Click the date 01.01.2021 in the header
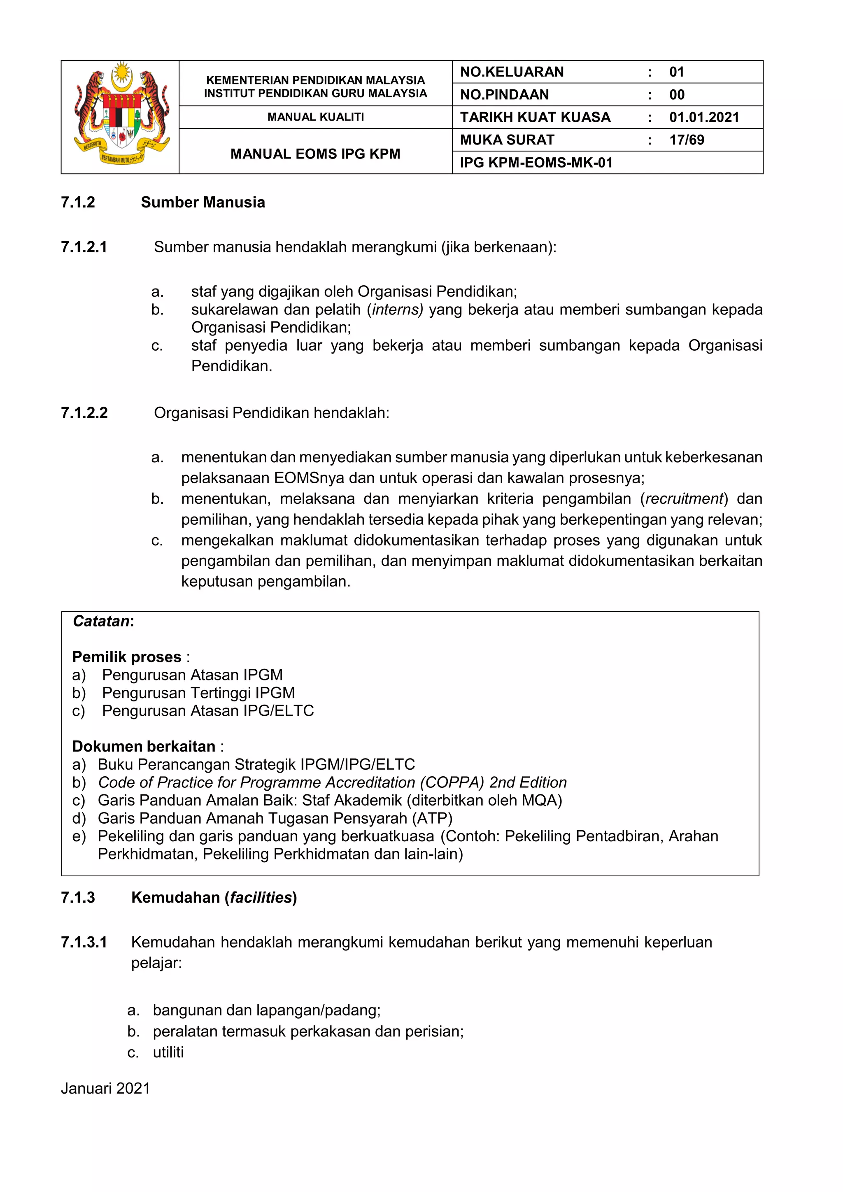tap(703, 117)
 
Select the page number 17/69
tap(686, 140)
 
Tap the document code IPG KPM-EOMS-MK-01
tap(536, 163)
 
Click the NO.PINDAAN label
tap(504, 95)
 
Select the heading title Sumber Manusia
tap(203, 203)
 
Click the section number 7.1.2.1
tap(84, 247)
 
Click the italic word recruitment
tap(684, 499)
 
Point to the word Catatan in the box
tap(101, 622)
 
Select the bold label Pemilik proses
tap(127, 657)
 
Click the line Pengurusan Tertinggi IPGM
tap(198, 693)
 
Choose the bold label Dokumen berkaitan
tap(143, 747)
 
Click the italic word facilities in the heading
tap(261, 898)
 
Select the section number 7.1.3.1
tap(84, 942)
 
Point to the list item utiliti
tap(168, 1052)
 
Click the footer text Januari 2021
tap(105, 1088)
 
